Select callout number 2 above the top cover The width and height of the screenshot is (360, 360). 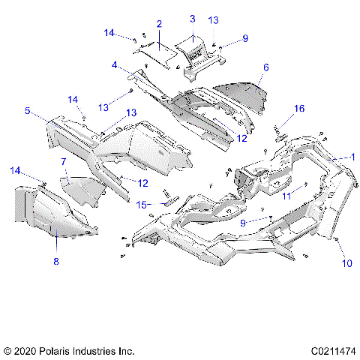[x=159, y=25]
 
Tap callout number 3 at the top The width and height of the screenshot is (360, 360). [x=192, y=18]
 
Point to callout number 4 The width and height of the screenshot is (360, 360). [x=114, y=65]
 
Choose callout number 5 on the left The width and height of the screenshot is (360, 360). [x=27, y=111]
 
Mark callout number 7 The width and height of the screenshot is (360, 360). [x=64, y=161]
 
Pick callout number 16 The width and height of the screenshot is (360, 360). [x=299, y=109]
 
